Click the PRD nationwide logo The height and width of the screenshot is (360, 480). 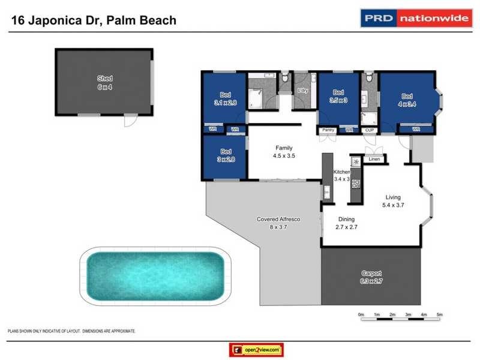(415, 18)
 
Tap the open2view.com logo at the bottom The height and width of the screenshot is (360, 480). (256, 350)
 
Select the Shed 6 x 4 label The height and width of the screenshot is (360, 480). (105, 82)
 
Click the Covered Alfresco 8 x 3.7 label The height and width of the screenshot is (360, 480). (278, 223)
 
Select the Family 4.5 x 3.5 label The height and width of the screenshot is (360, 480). (284, 151)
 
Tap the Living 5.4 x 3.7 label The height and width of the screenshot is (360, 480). (393, 200)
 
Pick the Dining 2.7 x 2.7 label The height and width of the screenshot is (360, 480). (347, 223)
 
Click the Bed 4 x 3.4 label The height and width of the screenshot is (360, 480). (407, 99)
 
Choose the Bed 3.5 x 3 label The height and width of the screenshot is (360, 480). (338, 96)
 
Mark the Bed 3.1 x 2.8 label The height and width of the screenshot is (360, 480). (226, 98)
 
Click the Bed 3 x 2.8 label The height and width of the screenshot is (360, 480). (226, 155)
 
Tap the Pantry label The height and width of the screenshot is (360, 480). (328, 130)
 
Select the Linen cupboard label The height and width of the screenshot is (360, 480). (374, 160)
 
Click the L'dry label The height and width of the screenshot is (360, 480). (303, 91)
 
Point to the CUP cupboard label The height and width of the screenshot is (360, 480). (370, 130)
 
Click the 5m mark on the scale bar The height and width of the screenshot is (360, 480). (439, 314)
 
